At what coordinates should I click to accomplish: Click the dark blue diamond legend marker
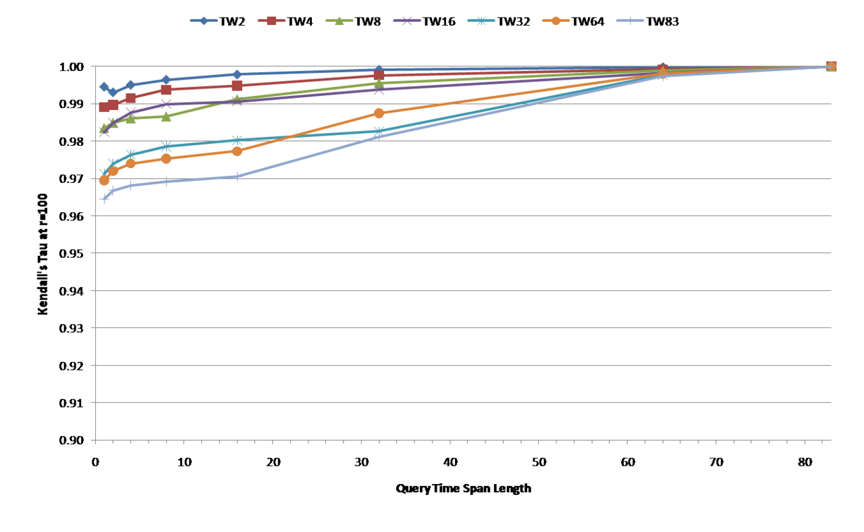(x=204, y=20)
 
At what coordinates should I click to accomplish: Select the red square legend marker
(x=271, y=20)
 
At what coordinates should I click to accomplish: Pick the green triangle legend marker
(x=339, y=20)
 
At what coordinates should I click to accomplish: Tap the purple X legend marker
(x=407, y=20)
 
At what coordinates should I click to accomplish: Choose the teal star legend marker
(x=481, y=20)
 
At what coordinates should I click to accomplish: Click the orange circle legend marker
(x=556, y=20)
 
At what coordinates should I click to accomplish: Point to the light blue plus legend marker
(x=630, y=20)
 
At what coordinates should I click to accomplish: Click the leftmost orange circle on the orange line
(x=104, y=181)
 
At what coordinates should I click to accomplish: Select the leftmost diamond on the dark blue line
(x=104, y=87)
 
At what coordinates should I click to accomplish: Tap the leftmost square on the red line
(x=104, y=107)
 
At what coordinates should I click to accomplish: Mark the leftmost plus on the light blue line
(x=104, y=198)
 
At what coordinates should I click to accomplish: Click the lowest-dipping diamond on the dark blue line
(x=113, y=92)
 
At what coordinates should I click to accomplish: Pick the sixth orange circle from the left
(x=379, y=113)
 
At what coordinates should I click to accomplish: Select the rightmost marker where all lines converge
(x=831, y=66)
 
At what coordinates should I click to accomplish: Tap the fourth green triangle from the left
(x=166, y=116)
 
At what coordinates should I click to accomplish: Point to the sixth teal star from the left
(x=379, y=131)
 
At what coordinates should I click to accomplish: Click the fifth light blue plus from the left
(x=237, y=176)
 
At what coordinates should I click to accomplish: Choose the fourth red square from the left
(x=166, y=89)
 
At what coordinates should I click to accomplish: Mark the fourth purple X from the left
(x=166, y=103)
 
